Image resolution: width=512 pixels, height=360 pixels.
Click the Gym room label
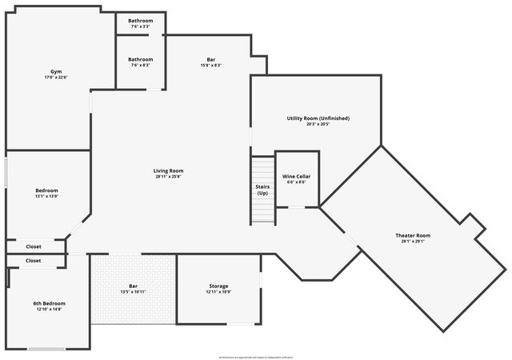pos(55,72)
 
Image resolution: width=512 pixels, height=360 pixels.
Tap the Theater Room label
pos(413,235)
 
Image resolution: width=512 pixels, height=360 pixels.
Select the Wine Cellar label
pos(295,176)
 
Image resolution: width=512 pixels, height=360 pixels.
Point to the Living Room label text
pos(169,170)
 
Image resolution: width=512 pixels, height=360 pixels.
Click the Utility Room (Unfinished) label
pos(318,118)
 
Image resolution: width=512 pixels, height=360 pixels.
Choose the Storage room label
pos(218,286)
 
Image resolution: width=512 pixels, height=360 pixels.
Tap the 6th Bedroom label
pos(49,303)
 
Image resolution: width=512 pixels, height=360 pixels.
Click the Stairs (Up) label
pos(262,190)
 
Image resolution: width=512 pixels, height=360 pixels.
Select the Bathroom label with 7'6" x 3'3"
pos(140,21)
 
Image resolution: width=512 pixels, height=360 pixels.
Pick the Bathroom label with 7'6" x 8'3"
pos(140,59)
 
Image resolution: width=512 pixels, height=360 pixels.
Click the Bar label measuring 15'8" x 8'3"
pos(210,59)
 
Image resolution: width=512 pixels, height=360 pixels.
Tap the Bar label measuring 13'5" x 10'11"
pos(133,286)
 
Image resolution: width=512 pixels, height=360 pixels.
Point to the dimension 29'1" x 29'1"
pos(413,242)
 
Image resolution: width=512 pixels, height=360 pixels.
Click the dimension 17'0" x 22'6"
pos(55,78)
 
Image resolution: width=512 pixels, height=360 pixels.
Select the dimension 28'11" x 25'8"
pos(169,177)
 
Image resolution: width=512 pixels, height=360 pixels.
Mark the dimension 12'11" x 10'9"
pos(218,292)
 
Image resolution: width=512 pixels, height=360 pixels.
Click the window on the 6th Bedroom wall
pos(46,349)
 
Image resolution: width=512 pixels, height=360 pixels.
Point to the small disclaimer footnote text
pos(256,356)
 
